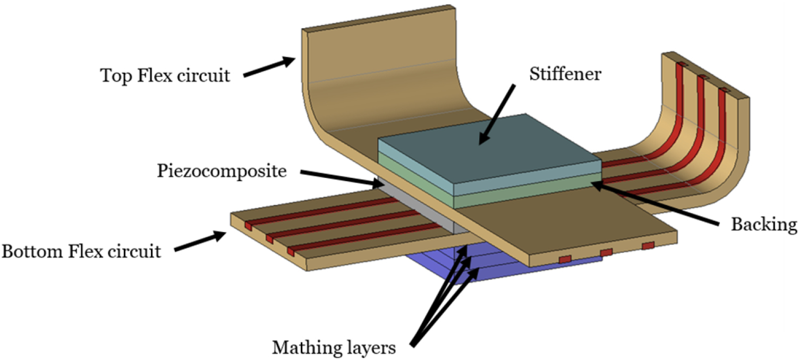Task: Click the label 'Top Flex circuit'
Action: (166, 75)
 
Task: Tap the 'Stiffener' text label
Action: (564, 74)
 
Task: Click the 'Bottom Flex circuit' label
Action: (81, 250)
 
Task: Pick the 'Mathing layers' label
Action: (334, 348)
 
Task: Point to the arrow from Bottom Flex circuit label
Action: (198, 242)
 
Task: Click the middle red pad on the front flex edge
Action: (606, 252)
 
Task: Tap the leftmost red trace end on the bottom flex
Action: (248, 226)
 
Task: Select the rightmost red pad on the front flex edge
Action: (648, 245)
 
